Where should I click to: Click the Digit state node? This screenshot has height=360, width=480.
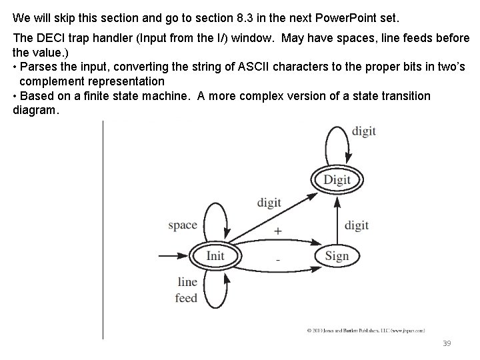click(337, 180)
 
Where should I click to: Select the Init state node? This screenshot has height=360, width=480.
click(215, 256)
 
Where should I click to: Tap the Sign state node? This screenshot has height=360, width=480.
click(337, 256)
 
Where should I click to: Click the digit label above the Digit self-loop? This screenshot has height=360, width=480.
click(364, 131)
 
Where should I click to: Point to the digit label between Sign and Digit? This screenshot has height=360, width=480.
click(357, 225)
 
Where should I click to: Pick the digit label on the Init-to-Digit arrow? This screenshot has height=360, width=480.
click(269, 202)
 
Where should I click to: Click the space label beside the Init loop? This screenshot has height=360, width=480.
click(183, 225)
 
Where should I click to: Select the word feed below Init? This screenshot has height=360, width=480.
click(186, 297)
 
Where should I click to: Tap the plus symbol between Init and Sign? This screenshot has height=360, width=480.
click(277, 231)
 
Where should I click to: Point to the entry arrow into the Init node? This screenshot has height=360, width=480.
click(172, 256)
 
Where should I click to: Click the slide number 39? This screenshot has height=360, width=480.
click(447, 343)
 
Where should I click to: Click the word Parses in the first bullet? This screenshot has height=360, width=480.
click(37, 67)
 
